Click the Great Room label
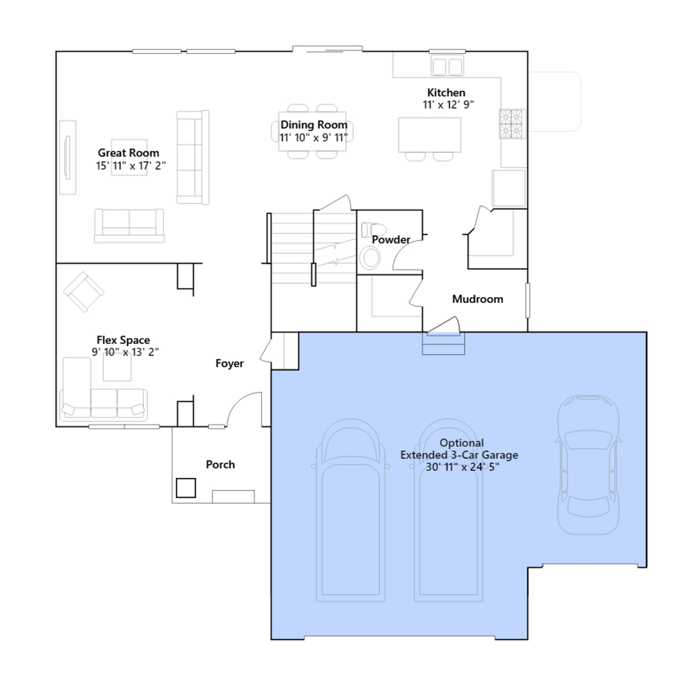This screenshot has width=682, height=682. (x=128, y=153)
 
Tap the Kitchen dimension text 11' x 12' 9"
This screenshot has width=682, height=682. (x=448, y=105)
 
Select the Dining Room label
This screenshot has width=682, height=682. (x=314, y=125)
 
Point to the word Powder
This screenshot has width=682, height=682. (x=391, y=240)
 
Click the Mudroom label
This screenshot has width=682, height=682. (x=477, y=299)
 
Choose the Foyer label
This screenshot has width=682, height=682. (x=229, y=364)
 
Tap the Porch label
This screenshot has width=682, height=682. (x=220, y=465)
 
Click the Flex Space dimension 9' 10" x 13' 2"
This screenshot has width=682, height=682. (x=125, y=352)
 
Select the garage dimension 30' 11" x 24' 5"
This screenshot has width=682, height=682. (x=462, y=467)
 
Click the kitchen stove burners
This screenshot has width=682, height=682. (x=511, y=124)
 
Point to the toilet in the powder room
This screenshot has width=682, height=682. (x=373, y=230)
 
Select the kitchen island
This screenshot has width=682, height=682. (x=430, y=135)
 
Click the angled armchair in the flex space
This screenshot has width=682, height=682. (x=84, y=292)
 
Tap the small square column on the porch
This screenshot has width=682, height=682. (x=186, y=488)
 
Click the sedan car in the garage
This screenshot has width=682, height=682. (x=588, y=465)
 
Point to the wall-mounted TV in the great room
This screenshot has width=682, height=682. (x=67, y=157)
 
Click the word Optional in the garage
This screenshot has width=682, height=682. (x=462, y=443)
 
